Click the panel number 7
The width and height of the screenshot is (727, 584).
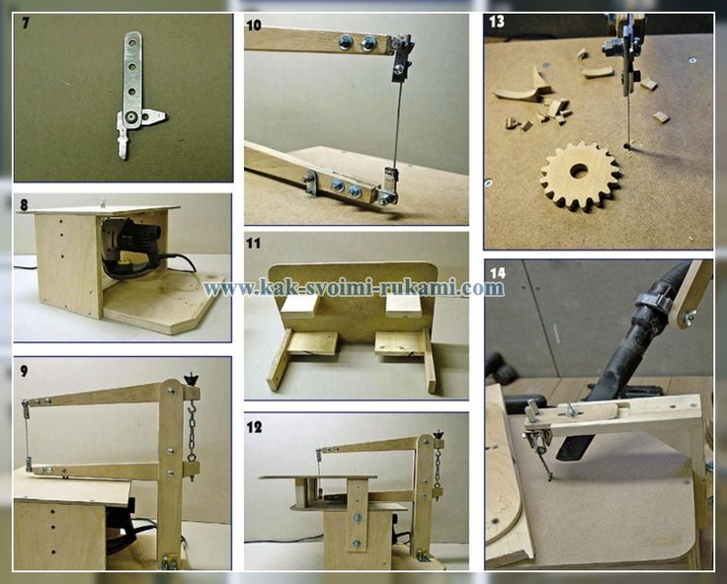click(x=25, y=24)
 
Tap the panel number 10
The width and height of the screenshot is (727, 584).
click(x=254, y=25)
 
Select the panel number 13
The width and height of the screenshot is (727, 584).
click(x=496, y=22)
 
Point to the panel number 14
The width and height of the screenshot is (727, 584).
click(x=498, y=273)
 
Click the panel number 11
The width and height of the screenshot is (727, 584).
click(x=253, y=244)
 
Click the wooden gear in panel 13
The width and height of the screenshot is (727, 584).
click(x=580, y=177)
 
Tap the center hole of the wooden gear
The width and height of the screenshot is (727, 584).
click(x=578, y=171)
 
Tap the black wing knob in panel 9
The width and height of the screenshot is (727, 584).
click(x=191, y=380)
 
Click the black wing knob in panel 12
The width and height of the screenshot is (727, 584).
click(x=437, y=435)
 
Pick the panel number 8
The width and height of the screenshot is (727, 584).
click(x=24, y=205)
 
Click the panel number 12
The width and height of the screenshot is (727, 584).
click(x=254, y=426)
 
